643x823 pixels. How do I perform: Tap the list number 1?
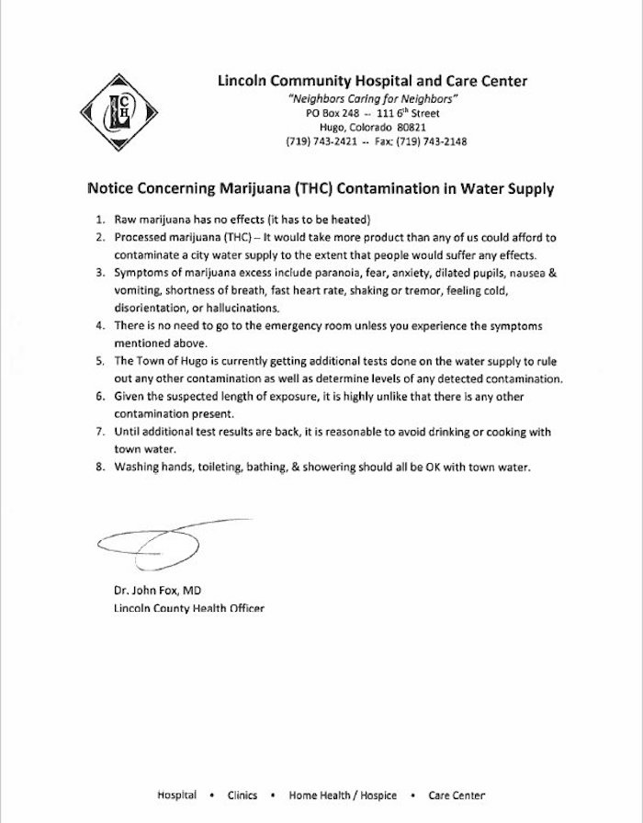(98, 220)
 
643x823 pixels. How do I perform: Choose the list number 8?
(98, 467)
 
